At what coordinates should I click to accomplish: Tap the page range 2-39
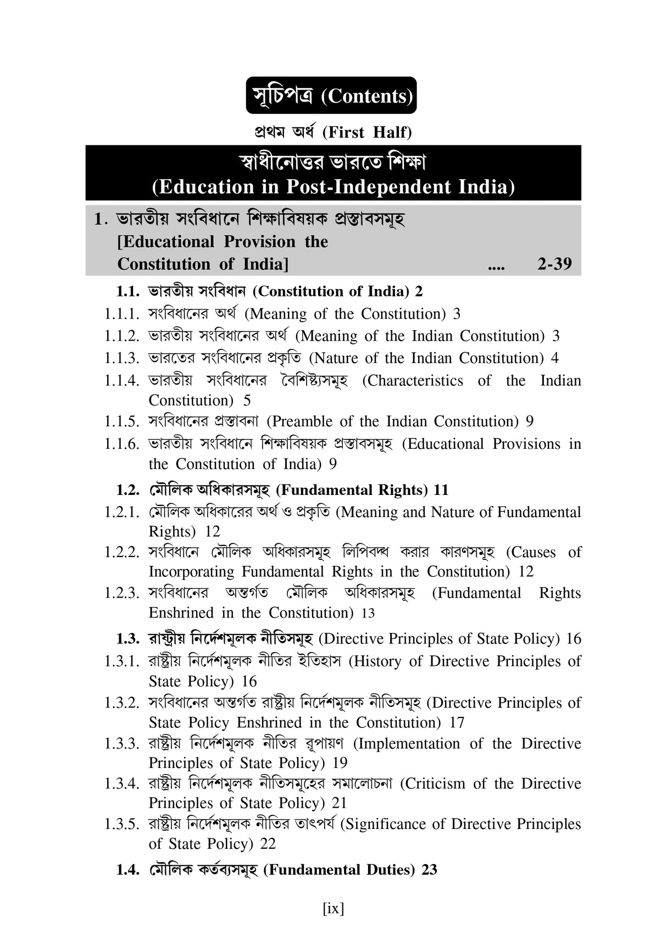click(x=554, y=264)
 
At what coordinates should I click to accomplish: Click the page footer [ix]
click(x=333, y=908)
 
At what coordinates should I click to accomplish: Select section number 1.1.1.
click(x=121, y=314)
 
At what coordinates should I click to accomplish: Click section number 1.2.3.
click(x=121, y=593)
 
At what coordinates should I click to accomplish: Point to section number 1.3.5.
click(x=121, y=824)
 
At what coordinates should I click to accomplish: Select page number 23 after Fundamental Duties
click(x=429, y=870)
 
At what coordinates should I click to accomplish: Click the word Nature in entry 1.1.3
click(x=336, y=358)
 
